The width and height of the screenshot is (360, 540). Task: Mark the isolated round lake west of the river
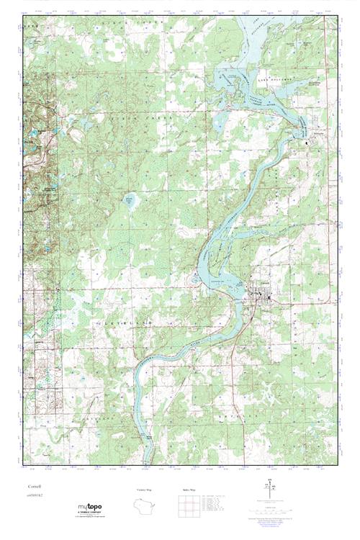pyautogui.click(x=130, y=201)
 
